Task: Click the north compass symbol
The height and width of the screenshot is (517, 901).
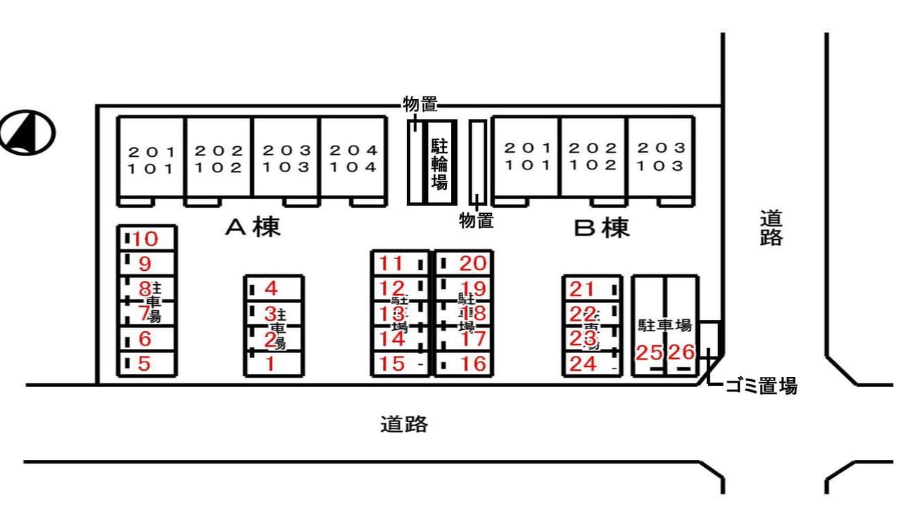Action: point(27,132)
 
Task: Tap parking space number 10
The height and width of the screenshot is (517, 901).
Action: point(146,239)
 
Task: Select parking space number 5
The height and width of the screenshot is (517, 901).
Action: point(145,364)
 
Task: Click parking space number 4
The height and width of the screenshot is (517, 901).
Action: point(272,288)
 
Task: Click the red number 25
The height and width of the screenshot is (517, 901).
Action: point(649,352)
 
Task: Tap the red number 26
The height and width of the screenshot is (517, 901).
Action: point(681,352)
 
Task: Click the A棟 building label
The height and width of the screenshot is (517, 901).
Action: point(253,227)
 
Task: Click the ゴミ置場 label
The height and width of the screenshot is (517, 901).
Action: point(761,385)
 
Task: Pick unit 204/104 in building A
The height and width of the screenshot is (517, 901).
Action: point(353,158)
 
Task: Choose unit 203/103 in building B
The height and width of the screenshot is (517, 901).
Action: point(660,157)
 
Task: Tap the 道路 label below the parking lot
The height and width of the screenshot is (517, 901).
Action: point(404,424)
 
